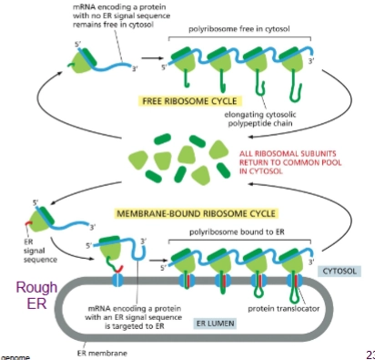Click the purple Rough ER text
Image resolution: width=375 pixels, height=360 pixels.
[32, 296]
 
